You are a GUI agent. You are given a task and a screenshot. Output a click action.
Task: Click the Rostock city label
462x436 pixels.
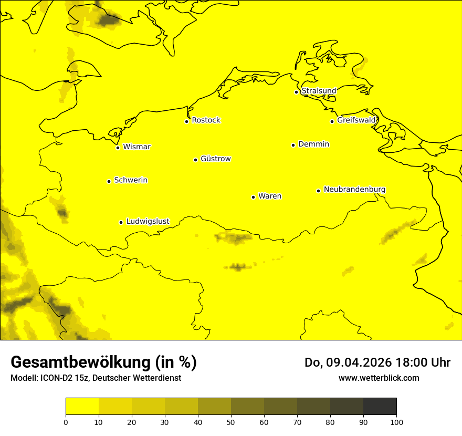[x=206, y=120]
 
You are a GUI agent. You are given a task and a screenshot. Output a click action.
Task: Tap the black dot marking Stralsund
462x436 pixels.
[x=296, y=92]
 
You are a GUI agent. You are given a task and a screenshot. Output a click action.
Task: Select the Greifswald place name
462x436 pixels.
[x=356, y=120]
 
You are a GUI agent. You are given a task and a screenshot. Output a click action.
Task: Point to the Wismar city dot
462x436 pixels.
[x=118, y=148]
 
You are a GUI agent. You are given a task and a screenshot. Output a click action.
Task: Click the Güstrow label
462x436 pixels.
[x=215, y=159]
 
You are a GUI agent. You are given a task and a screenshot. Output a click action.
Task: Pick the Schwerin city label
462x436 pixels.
[x=131, y=180]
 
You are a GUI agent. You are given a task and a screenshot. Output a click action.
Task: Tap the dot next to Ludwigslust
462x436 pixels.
[x=121, y=222]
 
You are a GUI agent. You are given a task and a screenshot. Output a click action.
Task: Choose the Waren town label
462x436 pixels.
[x=270, y=196]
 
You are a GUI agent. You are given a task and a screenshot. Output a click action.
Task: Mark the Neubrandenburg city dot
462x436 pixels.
[x=318, y=191]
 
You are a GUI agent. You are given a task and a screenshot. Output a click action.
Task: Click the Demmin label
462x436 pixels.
[x=313, y=144]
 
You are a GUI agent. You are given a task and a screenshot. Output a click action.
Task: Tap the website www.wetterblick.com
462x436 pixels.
[x=379, y=378]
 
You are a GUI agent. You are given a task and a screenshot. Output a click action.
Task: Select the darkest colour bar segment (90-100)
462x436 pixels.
[x=380, y=407]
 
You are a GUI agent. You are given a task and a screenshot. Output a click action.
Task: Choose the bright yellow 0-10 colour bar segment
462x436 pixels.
[x=82, y=407]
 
